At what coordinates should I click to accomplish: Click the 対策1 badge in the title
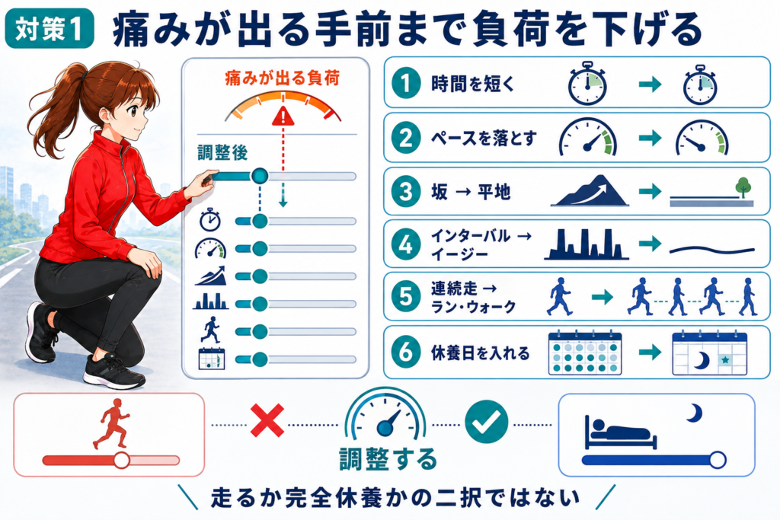tap(50, 28)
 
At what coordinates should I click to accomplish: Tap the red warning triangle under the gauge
tap(283, 116)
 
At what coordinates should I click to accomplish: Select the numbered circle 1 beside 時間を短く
tap(406, 83)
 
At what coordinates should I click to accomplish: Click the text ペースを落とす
tap(484, 138)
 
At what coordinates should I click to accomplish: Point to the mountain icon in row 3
tap(590, 190)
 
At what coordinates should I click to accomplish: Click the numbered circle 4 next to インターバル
tap(406, 244)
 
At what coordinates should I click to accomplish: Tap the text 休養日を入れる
tap(480, 353)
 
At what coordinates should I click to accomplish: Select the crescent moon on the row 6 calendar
tap(702, 360)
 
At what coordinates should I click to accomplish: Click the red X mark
tap(267, 420)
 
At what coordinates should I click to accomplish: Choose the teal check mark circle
tap(487, 422)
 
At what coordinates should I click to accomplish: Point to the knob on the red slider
tap(121, 461)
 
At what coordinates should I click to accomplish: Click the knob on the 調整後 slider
tap(259, 175)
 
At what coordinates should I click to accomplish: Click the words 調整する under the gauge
tap(388, 459)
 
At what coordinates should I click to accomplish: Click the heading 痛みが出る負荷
tap(282, 78)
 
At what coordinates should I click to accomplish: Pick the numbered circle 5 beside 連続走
tap(406, 297)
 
